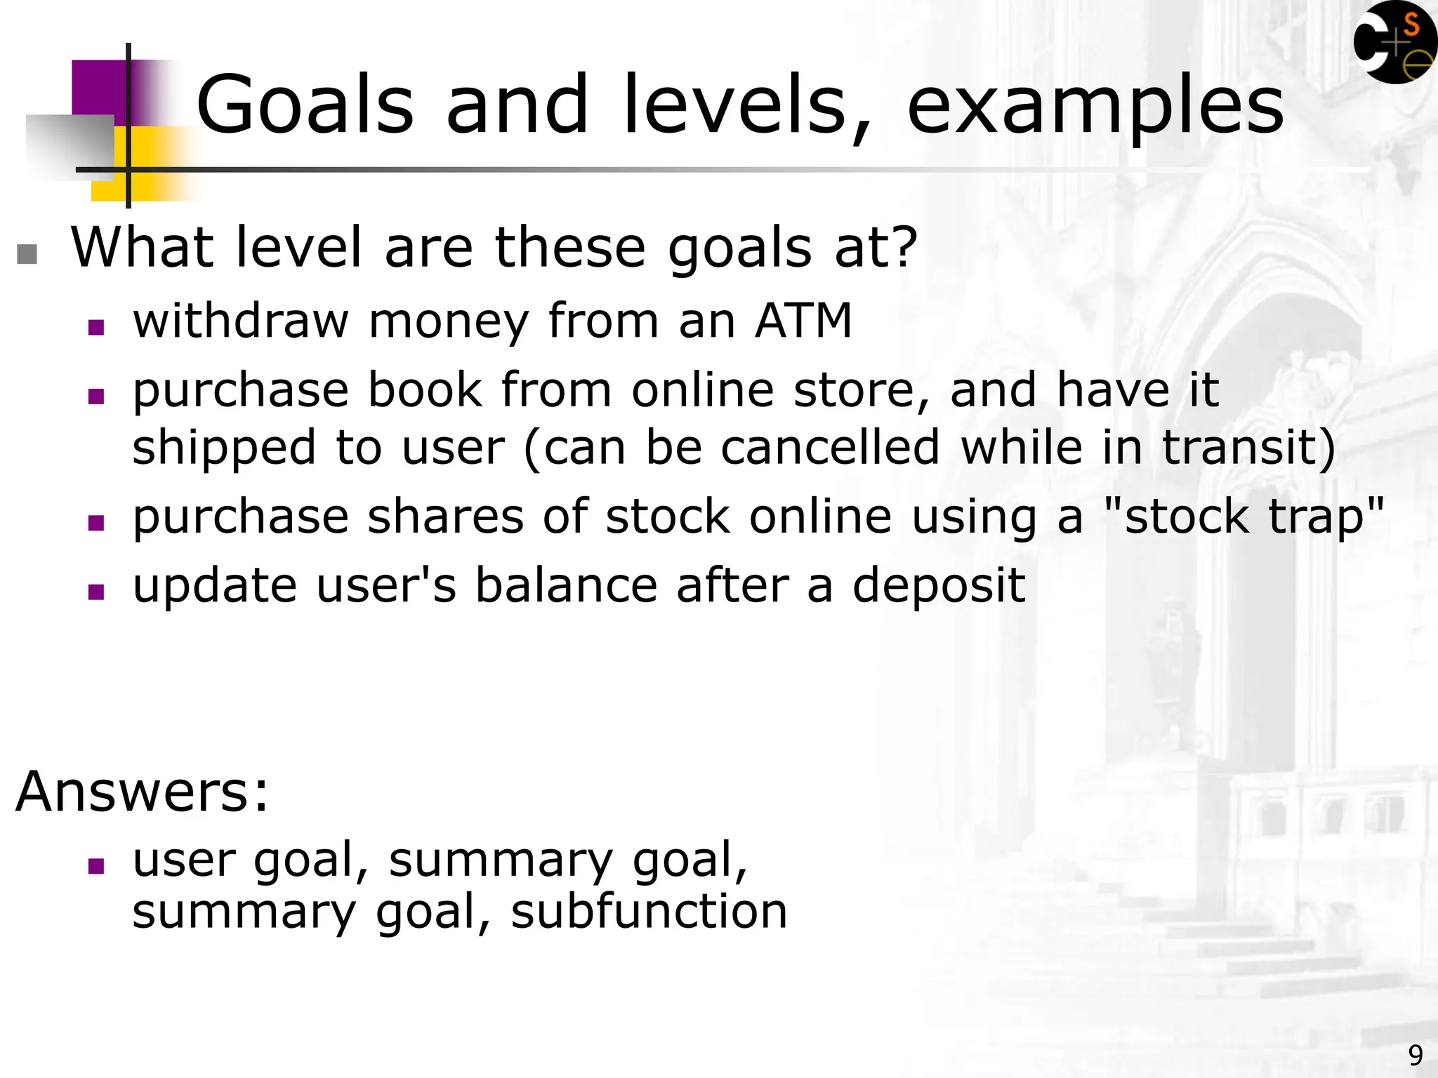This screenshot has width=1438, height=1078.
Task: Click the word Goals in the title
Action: coord(305,105)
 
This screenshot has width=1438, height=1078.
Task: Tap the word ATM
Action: coord(803,321)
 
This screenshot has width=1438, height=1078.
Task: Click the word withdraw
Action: coord(241,321)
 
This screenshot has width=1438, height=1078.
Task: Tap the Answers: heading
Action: coord(143,792)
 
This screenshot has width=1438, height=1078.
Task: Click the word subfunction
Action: coord(649,912)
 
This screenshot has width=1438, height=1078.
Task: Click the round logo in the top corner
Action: coord(1394,42)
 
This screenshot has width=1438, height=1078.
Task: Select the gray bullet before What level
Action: coord(27,254)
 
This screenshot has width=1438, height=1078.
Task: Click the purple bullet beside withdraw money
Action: coord(96,327)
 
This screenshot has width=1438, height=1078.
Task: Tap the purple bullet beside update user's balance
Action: coord(96,592)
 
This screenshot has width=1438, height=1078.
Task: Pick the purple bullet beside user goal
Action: coord(96,865)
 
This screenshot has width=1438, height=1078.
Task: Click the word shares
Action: coord(445,517)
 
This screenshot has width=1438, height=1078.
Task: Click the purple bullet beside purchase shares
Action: coord(96,523)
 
